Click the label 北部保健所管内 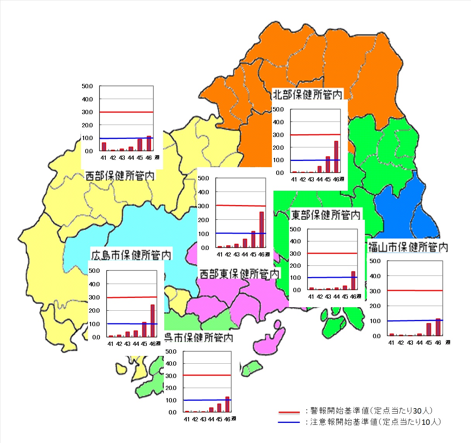(308, 94)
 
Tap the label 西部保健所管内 (120, 176)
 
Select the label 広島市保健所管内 (131, 255)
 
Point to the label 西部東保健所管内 (239, 274)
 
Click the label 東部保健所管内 (325, 215)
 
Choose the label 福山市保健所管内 (408, 247)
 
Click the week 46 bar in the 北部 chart (336, 157)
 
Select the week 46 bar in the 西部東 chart (262, 229)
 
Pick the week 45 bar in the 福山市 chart (429, 329)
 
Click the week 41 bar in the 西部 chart (104, 147)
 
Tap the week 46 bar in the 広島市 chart (153, 321)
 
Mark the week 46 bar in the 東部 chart (353, 280)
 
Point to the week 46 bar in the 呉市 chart (227, 404)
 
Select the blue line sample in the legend (289, 422)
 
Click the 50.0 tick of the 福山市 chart (375, 261)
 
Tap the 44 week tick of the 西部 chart (131, 158)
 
